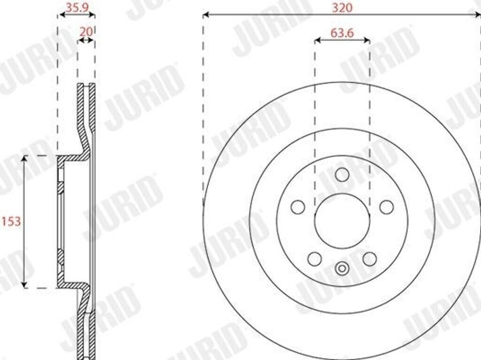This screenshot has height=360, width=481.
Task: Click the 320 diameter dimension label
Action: click(x=342, y=8)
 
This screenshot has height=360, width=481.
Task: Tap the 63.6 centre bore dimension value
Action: click(x=342, y=32)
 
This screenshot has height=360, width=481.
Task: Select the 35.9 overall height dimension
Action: click(x=76, y=8)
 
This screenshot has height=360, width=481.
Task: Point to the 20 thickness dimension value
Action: click(x=86, y=31)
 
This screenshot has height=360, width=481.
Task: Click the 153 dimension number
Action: click(x=11, y=221)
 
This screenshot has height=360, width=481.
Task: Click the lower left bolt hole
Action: click(x=315, y=259)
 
